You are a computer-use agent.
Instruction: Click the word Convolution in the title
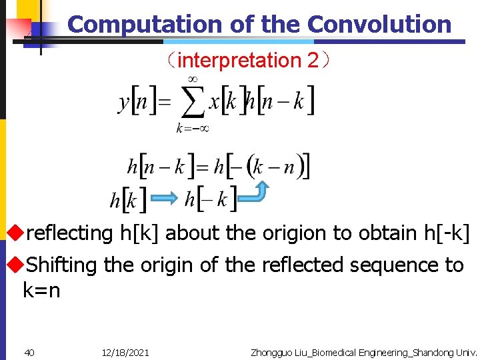pos(379,25)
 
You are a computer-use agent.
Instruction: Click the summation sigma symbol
pos(193,103)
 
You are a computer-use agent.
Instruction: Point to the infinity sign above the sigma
pos(192,79)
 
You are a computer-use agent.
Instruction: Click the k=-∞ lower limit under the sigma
pos(192,128)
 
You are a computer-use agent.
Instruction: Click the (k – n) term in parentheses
pos(274,166)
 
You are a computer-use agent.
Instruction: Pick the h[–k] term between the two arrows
pos(210,199)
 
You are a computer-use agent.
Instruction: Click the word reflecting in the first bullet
pos(69,233)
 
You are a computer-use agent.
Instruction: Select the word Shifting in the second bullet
pos(62,265)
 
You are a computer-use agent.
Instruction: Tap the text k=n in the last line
pos(41,291)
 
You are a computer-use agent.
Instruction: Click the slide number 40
pos(29,352)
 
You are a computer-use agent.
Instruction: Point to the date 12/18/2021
pos(125,352)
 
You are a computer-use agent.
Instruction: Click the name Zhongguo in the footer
pos(273,352)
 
